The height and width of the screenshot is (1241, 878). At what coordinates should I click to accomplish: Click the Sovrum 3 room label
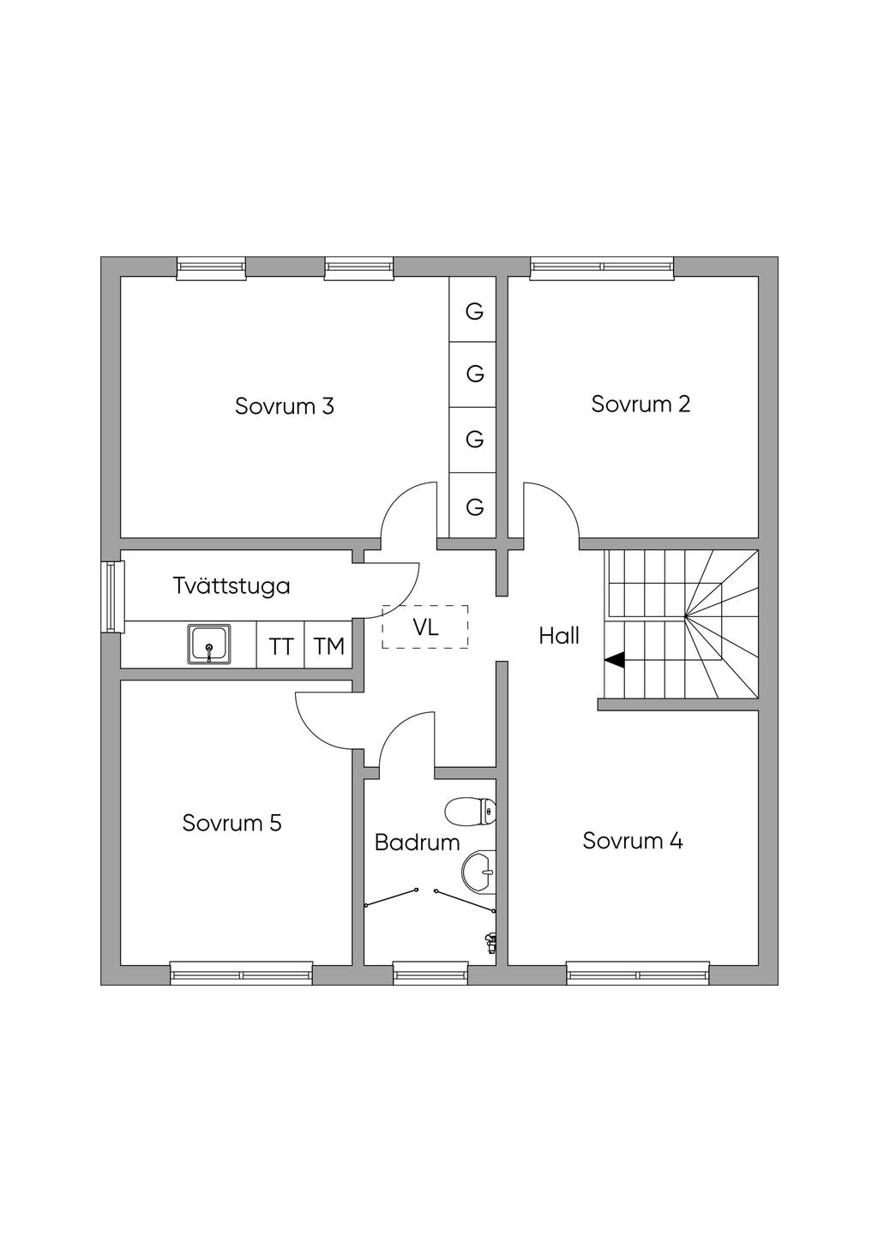284,406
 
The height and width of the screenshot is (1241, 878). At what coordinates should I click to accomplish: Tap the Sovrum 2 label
640,404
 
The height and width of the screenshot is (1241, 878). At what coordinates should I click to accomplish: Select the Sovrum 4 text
633,841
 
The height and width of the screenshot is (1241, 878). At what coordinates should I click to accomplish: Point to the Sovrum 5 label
232,824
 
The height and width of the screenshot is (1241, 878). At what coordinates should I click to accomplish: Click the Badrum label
418,842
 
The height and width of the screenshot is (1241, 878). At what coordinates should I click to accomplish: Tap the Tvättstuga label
232,586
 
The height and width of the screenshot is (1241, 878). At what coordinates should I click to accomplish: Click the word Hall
559,636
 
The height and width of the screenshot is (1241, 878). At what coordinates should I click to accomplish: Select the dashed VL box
425,626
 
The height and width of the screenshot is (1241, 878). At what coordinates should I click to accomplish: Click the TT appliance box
280,645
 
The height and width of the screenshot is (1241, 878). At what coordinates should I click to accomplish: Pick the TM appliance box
328,645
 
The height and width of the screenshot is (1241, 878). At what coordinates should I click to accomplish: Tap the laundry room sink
209,644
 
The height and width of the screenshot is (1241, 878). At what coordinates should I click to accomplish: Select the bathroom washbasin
478,872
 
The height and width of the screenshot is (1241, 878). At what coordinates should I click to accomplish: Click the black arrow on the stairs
615,660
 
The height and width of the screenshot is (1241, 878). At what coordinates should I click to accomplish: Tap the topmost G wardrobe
474,310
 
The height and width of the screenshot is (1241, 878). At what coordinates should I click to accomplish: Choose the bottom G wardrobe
474,507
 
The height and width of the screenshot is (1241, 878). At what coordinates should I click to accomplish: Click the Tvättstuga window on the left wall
112,597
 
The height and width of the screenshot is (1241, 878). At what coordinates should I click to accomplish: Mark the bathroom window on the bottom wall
430,973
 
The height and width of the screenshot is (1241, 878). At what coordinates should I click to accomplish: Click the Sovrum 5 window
241,973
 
